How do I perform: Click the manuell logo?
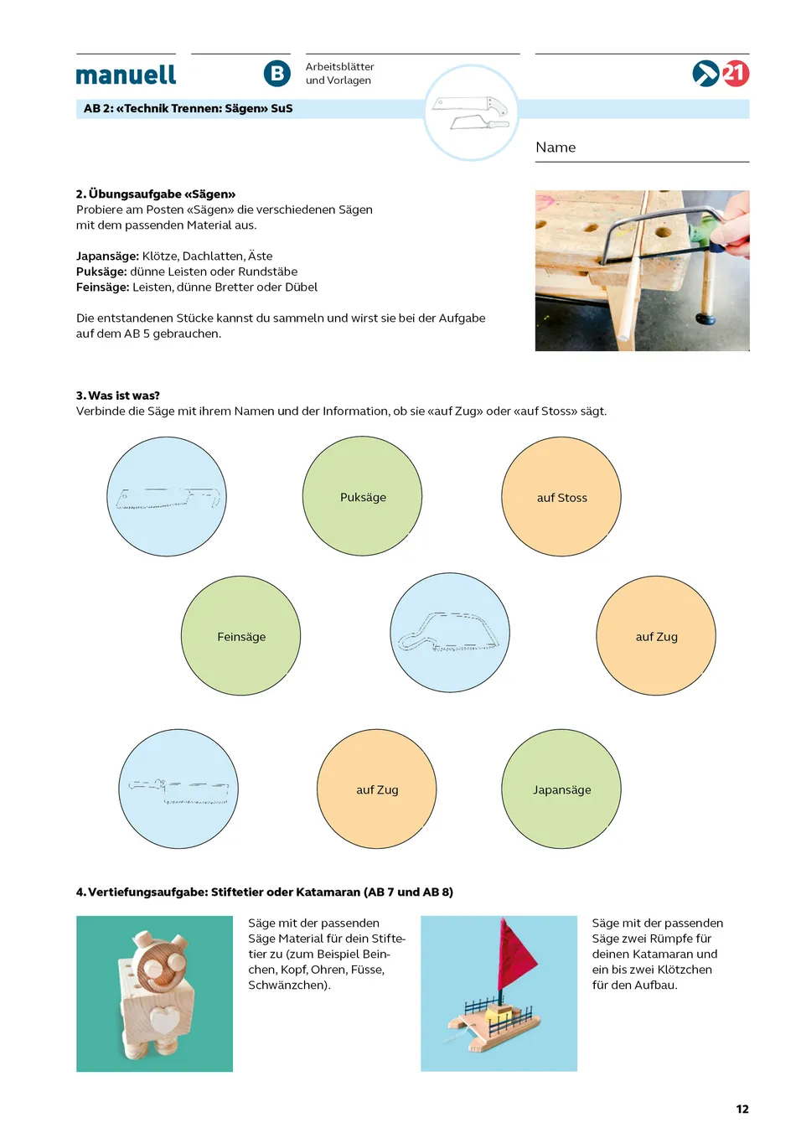coord(126,75)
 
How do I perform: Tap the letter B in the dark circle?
coord(276,74)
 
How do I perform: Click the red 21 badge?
coord(735,74)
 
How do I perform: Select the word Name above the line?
coord(556,147)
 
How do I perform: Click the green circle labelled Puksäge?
coord(362,496)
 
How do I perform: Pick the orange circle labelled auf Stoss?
coord(561,496)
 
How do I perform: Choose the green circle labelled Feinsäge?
coord(240,636)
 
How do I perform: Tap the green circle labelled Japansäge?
coord(561,789)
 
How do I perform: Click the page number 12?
coord(742,1109)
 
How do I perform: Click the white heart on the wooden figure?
coord(164,1020)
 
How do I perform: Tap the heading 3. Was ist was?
coord(118,396)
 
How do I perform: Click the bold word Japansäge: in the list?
coord(107,256)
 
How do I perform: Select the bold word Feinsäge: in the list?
coord(103,287)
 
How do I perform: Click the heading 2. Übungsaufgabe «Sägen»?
coord(156,194)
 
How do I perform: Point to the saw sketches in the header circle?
coord(471,113)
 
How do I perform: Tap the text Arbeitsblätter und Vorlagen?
coord(339,74)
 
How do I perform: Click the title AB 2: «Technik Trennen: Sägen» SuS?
coord(189,109)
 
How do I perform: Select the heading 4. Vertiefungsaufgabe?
coord(265,892)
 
